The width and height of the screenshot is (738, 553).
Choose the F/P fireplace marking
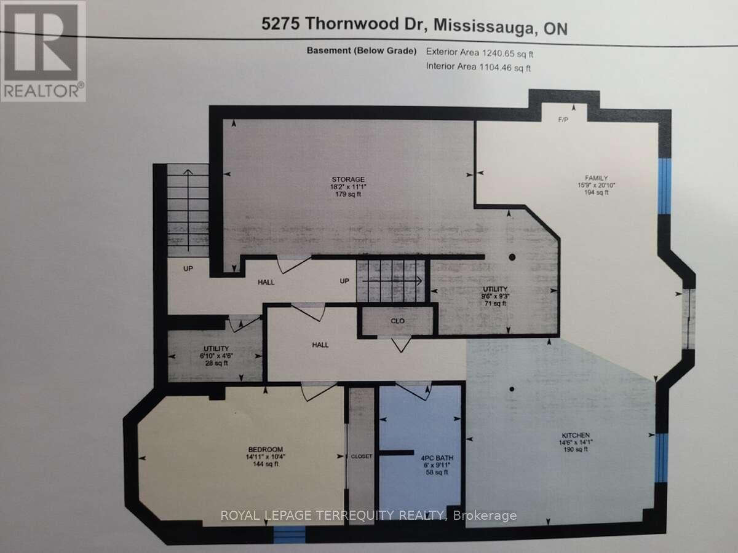563,119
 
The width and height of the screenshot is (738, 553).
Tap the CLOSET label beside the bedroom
362,457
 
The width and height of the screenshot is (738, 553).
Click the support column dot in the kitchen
512,388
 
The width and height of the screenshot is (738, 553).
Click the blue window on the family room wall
664,186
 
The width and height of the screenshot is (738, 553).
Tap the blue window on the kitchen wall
661,458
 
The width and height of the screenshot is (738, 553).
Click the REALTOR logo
43,51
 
